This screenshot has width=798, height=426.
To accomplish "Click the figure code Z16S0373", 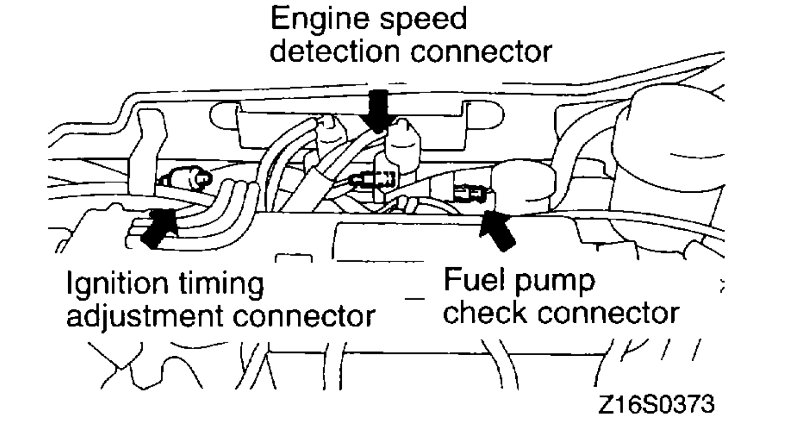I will pos(656,404).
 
